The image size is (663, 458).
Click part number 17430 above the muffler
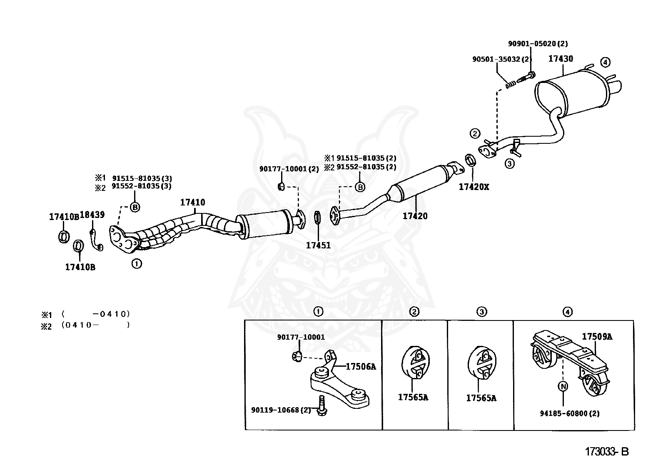point(560,59)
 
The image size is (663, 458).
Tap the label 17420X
point(474,187)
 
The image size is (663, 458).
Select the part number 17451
point(318,245)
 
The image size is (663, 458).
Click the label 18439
point(92,215)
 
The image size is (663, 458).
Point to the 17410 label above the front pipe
point(192,203)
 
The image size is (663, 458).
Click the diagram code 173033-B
point(606,451)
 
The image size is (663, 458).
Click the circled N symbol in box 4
point(563,386)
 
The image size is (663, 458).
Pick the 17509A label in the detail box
point(597,337)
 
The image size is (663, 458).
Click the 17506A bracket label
point(361,367)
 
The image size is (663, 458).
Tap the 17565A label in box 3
point(481,398)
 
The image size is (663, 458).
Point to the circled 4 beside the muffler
point(605,63)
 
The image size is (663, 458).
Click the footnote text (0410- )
point(95,325)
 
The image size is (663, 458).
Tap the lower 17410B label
point(80,267)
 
